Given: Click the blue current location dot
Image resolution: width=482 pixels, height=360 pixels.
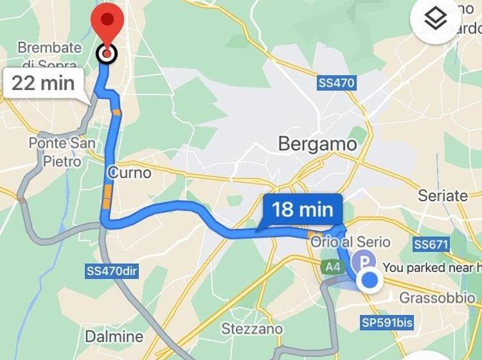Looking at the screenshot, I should [370, 280].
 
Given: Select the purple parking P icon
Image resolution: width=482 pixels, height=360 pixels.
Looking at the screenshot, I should [365, 261].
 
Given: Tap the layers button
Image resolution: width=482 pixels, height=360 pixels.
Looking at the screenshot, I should [436, 19].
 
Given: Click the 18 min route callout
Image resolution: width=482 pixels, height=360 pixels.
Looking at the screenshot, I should [303, 210].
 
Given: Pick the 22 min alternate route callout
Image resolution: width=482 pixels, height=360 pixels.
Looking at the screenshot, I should [43, 83].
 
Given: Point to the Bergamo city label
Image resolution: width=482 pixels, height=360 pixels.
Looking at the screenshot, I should [317, 144].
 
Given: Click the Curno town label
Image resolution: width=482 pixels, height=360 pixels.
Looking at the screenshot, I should [130, 172].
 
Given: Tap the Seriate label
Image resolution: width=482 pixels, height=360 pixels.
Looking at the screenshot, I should [443, 195].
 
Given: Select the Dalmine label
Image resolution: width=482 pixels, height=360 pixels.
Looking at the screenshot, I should [114, 336].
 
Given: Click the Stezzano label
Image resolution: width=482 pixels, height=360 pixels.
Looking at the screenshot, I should [252, 328].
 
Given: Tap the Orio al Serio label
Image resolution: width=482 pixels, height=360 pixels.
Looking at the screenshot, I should [350, 242].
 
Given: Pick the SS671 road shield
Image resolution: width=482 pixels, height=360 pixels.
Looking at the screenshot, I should [431, 244].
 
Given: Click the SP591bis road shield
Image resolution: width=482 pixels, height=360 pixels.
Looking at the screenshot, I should [388, 323].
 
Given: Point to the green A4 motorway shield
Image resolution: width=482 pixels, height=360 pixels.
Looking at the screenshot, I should [331, 266].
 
